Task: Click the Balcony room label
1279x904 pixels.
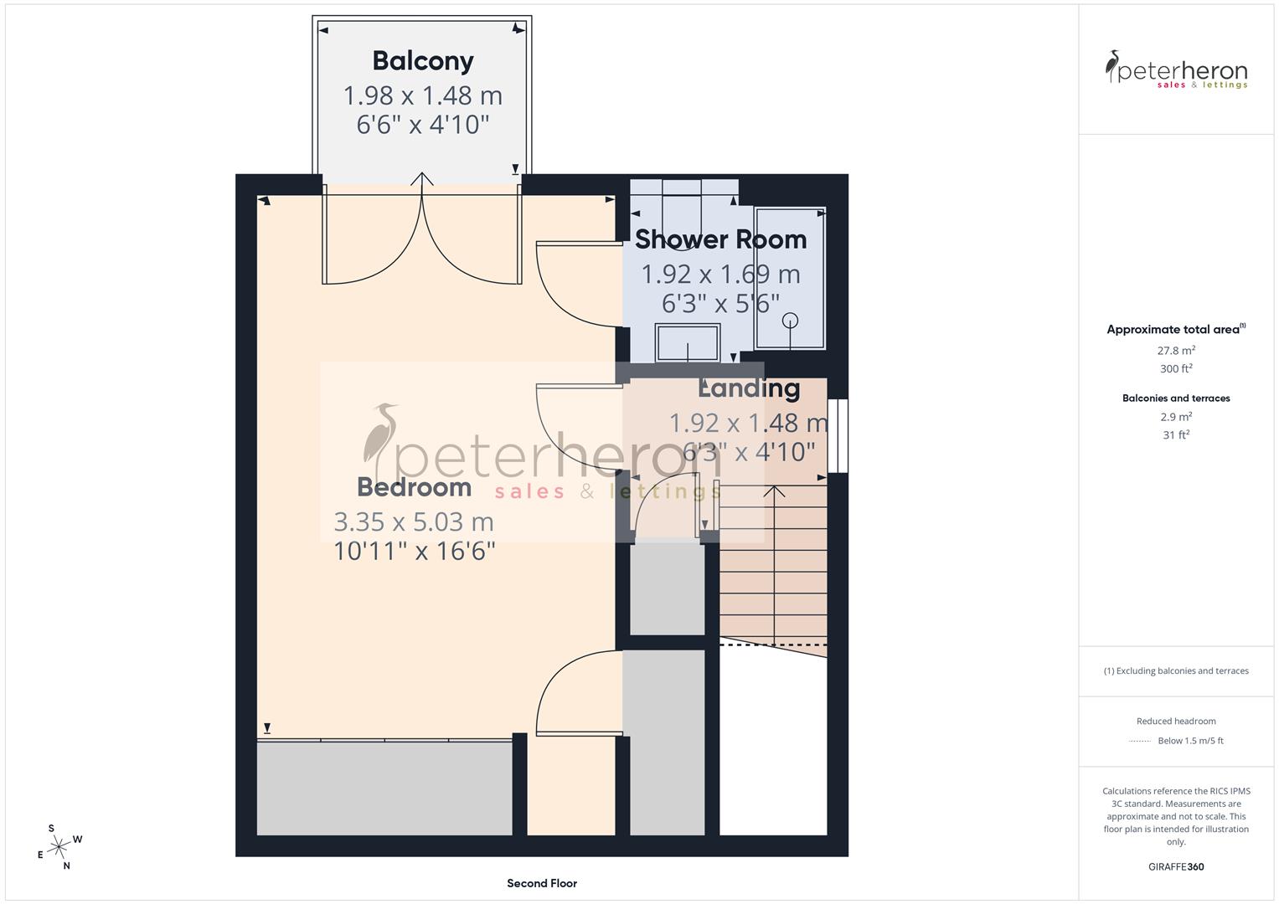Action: click(423, 61)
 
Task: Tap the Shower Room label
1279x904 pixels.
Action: click(720, 239)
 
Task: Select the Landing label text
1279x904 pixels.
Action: click(749, 388)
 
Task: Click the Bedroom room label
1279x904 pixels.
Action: click(414, 487)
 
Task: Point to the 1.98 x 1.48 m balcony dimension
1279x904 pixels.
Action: click(423, 95)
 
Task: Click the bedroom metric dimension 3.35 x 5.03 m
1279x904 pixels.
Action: click(414, 522)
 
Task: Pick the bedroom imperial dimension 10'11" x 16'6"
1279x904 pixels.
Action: click(415, 551)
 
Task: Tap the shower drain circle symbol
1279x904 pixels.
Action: click(790, 321)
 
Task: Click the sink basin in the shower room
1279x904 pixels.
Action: click(687, 343)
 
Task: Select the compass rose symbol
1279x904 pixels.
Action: click(59, 847)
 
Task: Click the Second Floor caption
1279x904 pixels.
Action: click(542, 883)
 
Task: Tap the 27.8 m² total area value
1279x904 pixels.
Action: click(1176, 351)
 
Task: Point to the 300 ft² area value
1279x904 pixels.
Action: click(1176, 369)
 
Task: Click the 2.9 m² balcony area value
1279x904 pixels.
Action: click(1176, 417)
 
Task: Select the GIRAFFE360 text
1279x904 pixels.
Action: click(1176, 867)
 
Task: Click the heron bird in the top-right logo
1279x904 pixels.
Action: click(1113, 65)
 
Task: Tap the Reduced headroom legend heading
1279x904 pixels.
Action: click(1176, 722)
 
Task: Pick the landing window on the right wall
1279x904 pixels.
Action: click(838, 435)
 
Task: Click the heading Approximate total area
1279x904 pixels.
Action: click(1174, 330)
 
